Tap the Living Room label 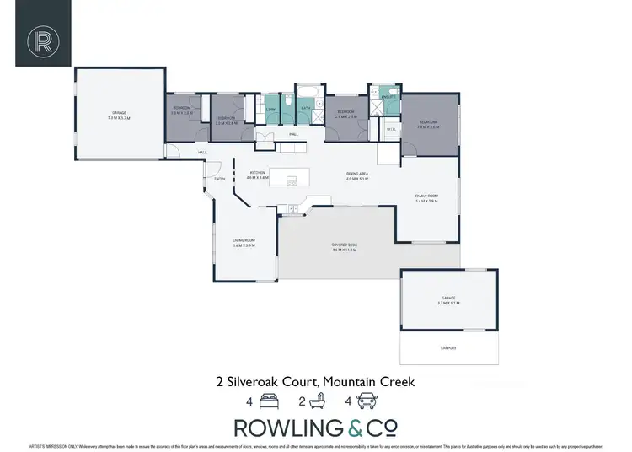click(x=244, y=240)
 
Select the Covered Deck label click(x=345, y=245)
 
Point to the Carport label click(x=448, y=346)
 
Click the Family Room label click(x=426, y=196)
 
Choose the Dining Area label click(x=358, y=174)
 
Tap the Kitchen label click(x=257, y=173)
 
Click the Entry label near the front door click(x=219, y=179)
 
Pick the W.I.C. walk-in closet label click(x=391, y=129)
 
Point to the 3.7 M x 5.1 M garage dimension click(x=447, y=302)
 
